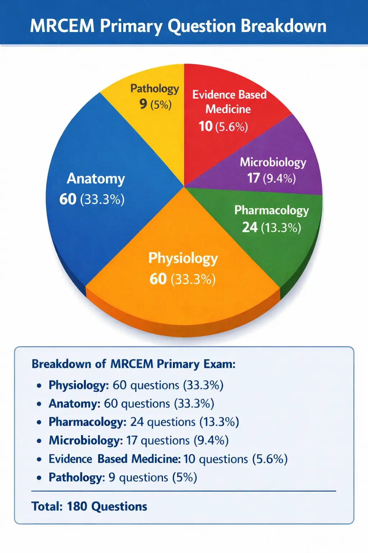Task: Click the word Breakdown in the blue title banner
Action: pyautogui.click(x=284, y=26)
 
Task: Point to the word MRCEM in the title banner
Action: pyautogui.click(x=62, y=26)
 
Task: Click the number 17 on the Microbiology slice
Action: pyautogui.click(x=253, y=178)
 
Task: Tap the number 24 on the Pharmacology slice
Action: pyautogui.click(x=250, y=227)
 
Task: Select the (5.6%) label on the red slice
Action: pyautogui.click(x=231, y=127)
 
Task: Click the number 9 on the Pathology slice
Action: pyautogui.click(x=143, y=104)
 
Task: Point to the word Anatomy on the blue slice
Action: pyautogui.click(x=96, y=179)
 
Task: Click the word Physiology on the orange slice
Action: pyautogui.click(x=183, y=258)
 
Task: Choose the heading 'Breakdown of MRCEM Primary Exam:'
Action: pyautogui.click(x=134, y=364)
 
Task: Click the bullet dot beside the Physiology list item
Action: pyautogui.click(x=39, y=386)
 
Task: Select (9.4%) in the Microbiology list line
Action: pyautogui.click(x=211, y=440)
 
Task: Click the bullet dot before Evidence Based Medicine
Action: pyautogui.click(x=39, y=460)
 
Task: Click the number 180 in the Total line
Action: pyautogui.click(x=77, y=507)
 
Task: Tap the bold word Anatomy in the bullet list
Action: pyautogui.click(x=74, y=404)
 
